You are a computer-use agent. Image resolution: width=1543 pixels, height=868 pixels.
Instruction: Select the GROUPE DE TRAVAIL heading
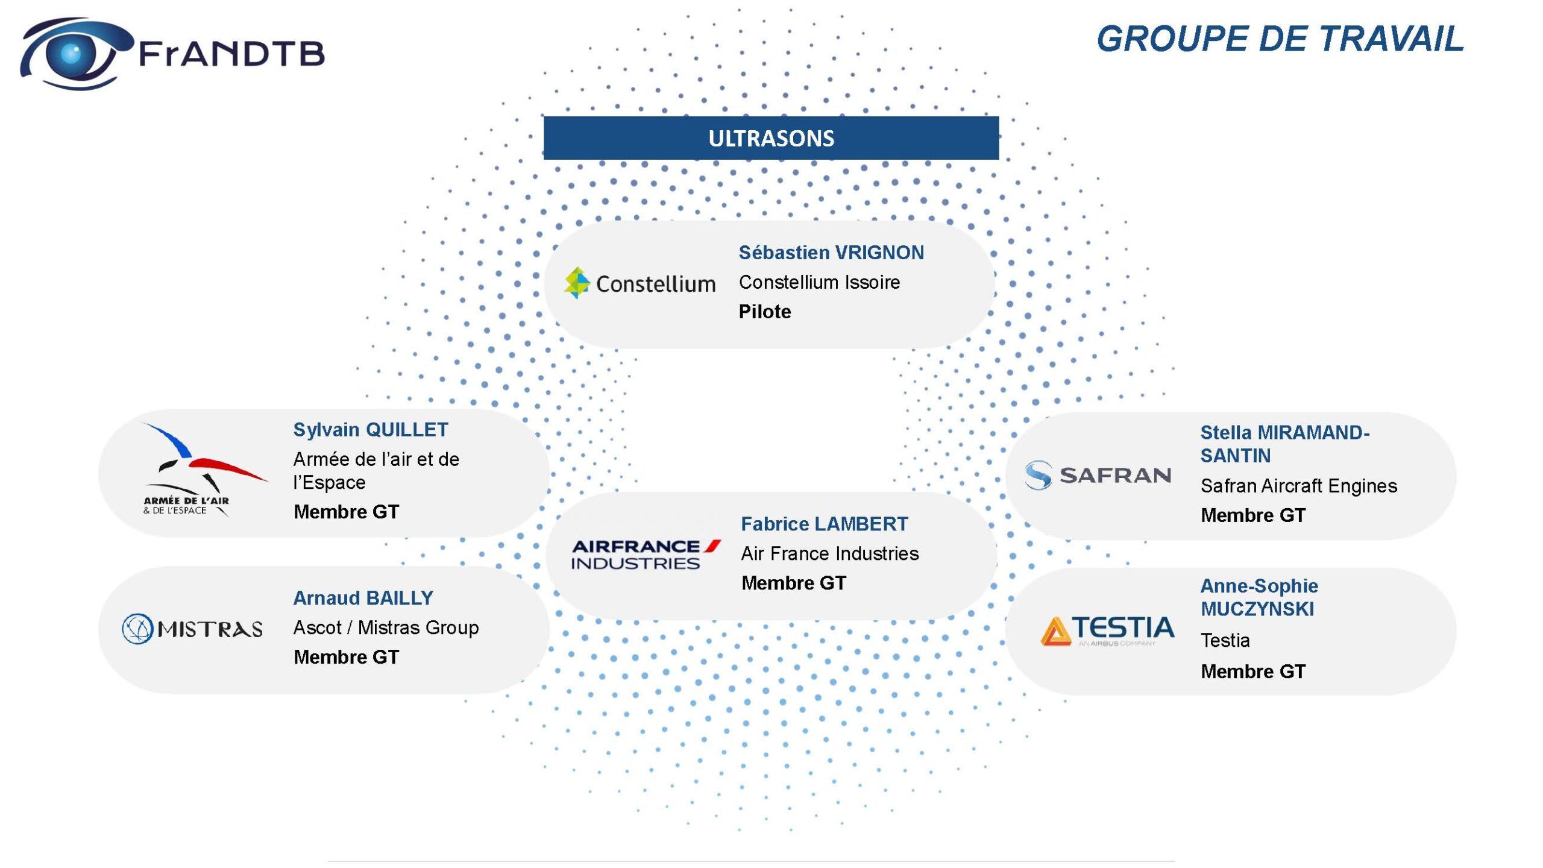click(1280, 39)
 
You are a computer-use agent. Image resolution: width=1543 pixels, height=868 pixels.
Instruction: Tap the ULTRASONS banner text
click(771, 139)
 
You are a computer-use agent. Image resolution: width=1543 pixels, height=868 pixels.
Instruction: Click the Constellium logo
click(640, 283)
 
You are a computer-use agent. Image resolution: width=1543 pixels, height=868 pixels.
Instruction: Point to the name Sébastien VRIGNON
click(831, 253)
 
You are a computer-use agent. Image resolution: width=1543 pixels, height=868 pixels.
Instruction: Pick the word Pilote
click(765, 312)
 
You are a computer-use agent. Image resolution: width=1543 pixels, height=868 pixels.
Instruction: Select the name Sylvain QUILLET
click(371, 430)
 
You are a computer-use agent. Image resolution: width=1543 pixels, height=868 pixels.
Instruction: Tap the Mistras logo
click(192, 629)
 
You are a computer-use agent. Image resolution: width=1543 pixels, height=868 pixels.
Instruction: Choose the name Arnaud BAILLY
click(363, 598)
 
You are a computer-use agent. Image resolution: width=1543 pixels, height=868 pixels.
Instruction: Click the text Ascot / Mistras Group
click(386, 627)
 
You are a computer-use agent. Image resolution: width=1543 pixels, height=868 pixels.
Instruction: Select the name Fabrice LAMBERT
click(825, 524)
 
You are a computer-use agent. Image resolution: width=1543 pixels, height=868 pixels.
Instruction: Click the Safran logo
click(1098, 475)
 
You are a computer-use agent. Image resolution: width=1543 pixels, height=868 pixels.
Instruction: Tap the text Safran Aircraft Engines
click(1299, 486)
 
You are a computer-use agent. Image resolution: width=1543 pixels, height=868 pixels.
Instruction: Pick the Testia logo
click(1107, 631)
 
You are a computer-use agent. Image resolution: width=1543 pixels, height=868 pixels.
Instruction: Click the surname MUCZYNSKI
click(1257, 609)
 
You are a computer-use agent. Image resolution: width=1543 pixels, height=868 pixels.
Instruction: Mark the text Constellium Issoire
click(819, 282)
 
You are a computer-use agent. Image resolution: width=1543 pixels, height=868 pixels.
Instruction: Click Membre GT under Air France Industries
click(794, 583)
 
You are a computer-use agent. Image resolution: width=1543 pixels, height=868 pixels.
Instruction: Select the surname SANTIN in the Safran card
click(1236, 456)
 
